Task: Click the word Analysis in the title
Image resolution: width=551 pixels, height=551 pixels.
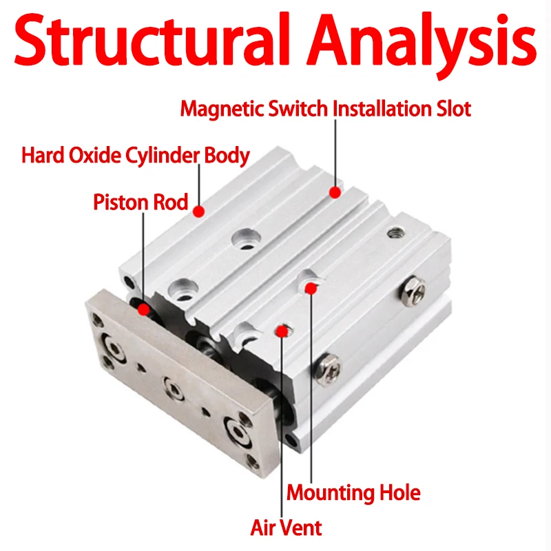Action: point(422,44)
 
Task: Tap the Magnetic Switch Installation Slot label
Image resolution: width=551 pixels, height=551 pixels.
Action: point(325,108)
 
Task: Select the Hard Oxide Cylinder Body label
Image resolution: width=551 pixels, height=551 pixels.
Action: point(136,156)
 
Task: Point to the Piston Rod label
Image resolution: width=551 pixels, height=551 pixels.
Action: point(141,202)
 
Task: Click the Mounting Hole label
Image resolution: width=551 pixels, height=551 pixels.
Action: point(353,492)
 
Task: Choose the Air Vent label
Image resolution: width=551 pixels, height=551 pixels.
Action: point(286,528)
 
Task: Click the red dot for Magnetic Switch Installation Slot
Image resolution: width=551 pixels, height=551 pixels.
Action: point(335,192)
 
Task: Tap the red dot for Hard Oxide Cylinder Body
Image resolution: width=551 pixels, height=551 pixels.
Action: point(199,211)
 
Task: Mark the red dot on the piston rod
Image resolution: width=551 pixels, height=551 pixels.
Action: point(143,309)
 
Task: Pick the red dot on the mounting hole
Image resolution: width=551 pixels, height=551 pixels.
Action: point(311,289)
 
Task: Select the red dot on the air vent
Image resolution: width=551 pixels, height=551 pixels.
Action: point(282,331)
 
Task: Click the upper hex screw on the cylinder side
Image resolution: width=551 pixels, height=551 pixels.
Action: point(413,291)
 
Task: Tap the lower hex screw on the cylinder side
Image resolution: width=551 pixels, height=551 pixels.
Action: point(328,370)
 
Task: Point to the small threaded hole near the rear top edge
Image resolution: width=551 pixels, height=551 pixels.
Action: point(395,232)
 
